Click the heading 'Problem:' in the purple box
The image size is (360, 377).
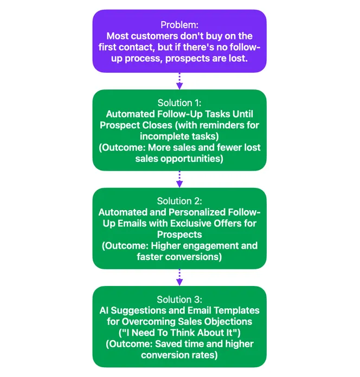179,25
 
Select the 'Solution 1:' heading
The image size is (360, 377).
179,103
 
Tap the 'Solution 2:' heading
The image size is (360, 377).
179,201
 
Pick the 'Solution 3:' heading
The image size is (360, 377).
179,300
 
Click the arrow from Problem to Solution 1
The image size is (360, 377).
179,81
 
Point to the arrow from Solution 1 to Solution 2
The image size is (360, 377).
179,179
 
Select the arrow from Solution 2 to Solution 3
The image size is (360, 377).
179,277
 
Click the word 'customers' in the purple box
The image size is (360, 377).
155,36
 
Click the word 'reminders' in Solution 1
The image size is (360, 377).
218,125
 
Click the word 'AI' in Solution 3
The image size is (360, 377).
104,310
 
